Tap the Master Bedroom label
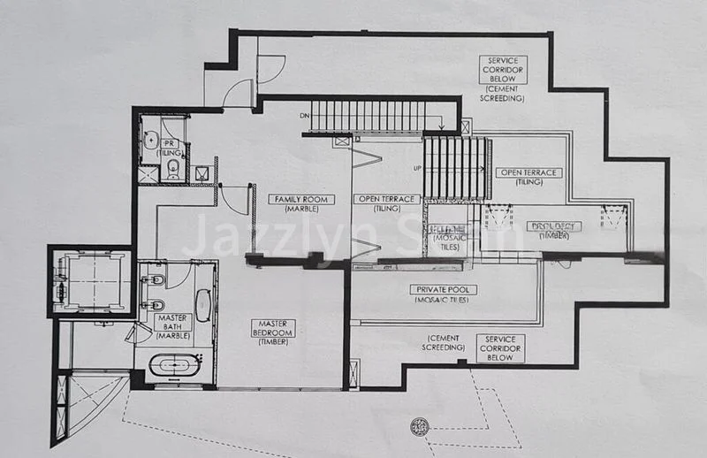point(272,328)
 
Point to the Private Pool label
point(443,289)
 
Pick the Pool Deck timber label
point(555,226)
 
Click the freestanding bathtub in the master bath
point(174,365)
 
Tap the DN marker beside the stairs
point(305,115)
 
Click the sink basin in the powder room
point(150,140)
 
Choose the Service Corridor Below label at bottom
point(500,347)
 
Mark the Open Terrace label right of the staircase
point(528,172)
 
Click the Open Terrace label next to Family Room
point(386,199)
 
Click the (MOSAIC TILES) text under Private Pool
point(443,300)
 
